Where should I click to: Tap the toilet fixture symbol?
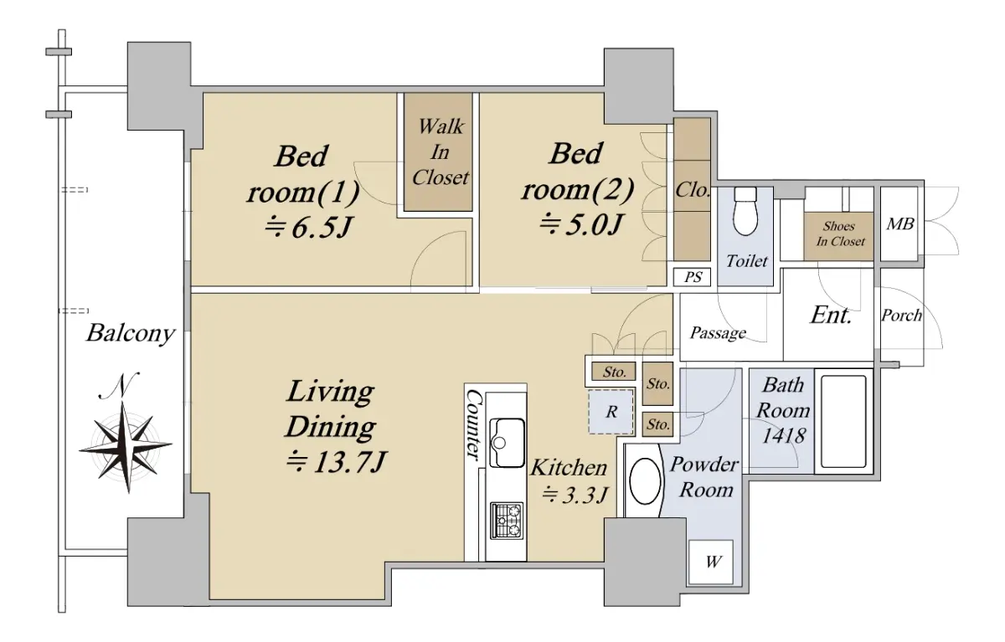pos(745,211)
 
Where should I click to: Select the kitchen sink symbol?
pos(507,443)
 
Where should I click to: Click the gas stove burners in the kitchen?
pos(507,520)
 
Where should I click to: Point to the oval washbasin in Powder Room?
pos(645,481)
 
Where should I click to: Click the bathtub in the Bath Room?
pos(843,421)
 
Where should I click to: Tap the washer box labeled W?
pos(711,562)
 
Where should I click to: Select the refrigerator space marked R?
pos(611,412)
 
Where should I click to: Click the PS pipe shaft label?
pos(693,277)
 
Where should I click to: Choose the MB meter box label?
pos(899,223)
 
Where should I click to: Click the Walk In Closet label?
pos(441,152)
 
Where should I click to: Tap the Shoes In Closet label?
pos(839,234)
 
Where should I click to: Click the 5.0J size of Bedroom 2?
pos(581,224)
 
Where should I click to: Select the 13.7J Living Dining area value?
pos(336,462)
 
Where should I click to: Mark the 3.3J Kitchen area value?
pos(575,495)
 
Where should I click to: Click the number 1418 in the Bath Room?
pos(783,435)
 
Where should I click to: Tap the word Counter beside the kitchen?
pos(473,424)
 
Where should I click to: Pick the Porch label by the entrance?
pos(901,316)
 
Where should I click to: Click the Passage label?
pos(718,333)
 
